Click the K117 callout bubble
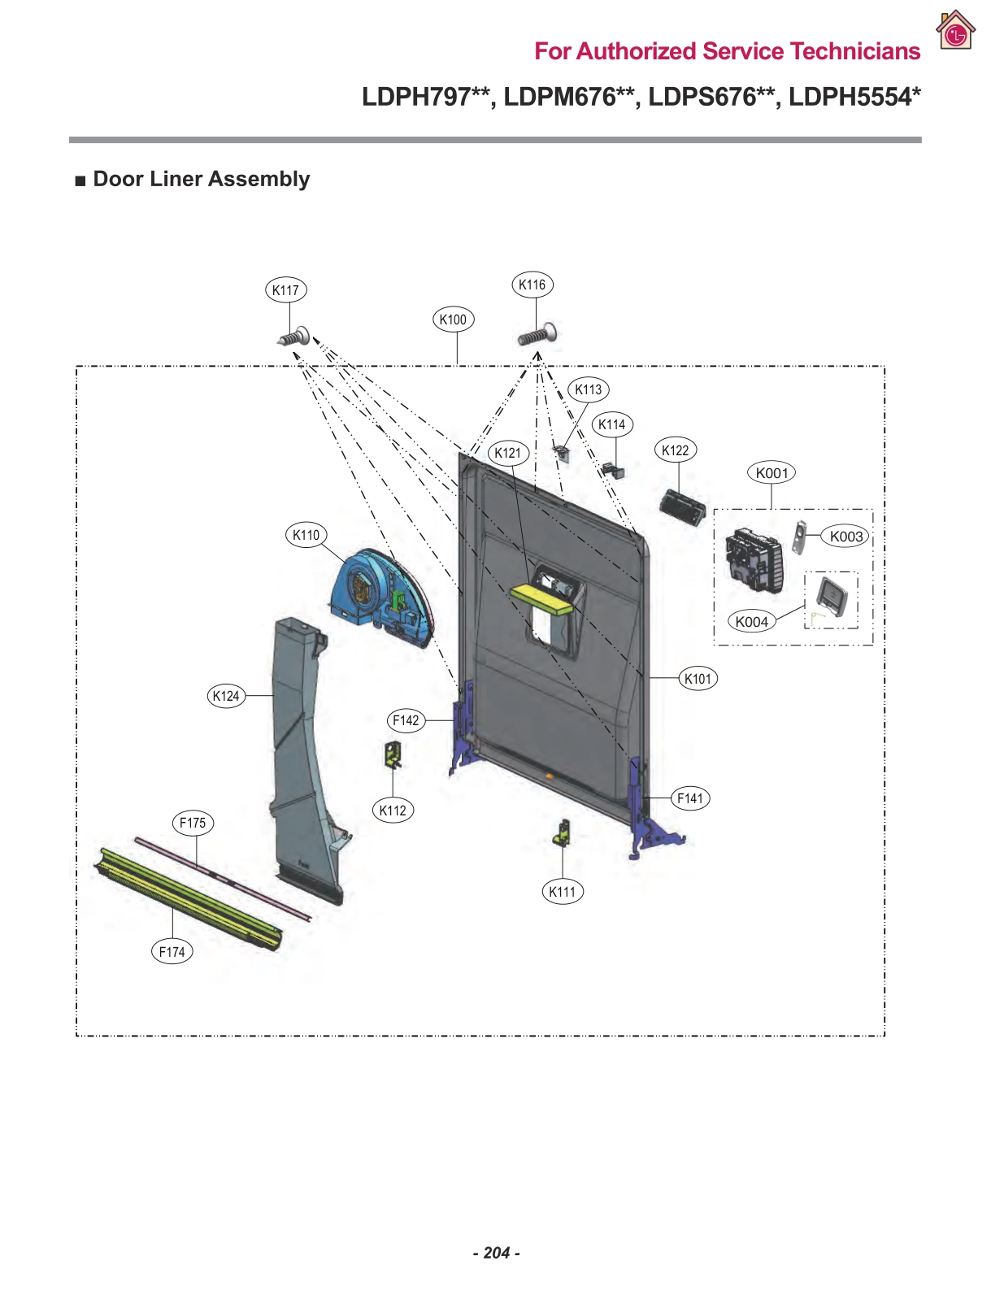tap(285, 290)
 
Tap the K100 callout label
tap(453, 319)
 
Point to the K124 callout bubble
tap(226, 696)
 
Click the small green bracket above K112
tap(393, 754)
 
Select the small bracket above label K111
tap(562, 833)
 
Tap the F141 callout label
tap(690, 798)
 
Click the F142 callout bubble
tap(406, 720)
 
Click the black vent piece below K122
tap(682, 507)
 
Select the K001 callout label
tap(772, 473)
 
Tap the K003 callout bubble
tap(846, 537)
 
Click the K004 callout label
tap(751, 622)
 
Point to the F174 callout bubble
tap(172, 951)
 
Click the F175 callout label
tap(193, 823)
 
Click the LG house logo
tap(955, 31)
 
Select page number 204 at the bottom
tap(496, 1253)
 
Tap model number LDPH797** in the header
tap(425, 97)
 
